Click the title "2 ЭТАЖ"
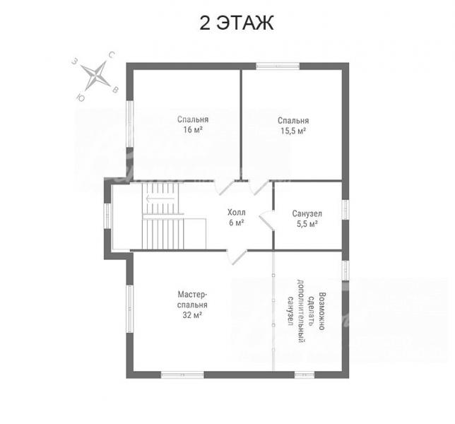[x=237, y=23]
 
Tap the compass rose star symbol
[x=96, y=76]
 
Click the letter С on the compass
[x=112, y=54]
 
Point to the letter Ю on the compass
[x=81, y=98]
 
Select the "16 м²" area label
[x=193, y=129]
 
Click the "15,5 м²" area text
[x=293, y=131]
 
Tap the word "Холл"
[x=236, y=213]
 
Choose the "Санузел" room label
[x=307, y=214]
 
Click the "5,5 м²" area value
[x=307, y=224]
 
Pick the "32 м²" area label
[x=192, y=315]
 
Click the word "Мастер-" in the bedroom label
[x=192, y=295]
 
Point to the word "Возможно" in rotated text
[x=321, y=311]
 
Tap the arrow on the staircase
[x=160, y=199]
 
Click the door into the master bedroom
[x=237, y=257]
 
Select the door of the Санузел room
[x=266, y=220]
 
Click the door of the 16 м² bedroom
[x=224, y=187]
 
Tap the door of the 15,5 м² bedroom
[x=259, y=187]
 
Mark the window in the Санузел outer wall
[x=345, y=210]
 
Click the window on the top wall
[x=278, y=66]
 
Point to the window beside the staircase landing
[x=107, y=216]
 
